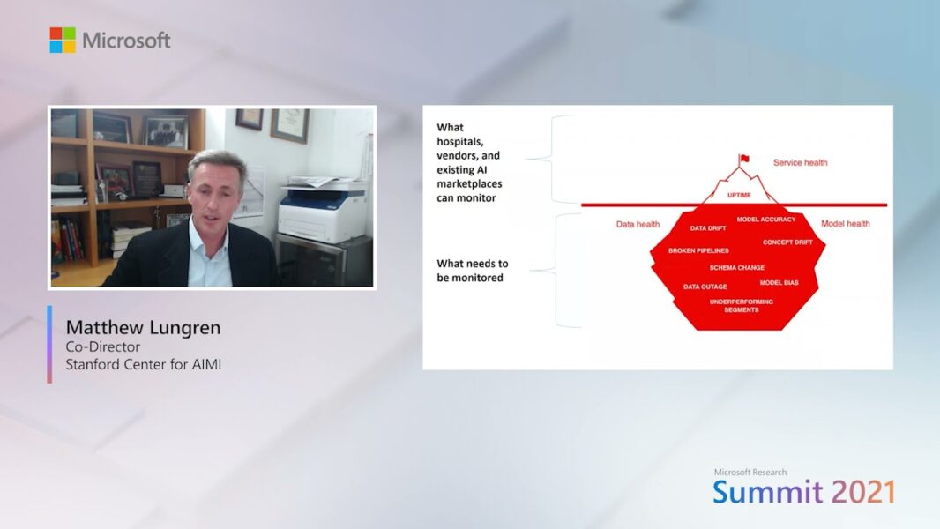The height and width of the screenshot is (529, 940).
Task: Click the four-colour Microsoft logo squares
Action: pos(63,41)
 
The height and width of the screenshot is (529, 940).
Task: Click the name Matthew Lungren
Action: pos(143,328)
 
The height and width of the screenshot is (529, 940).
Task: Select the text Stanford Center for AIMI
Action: pos(143,364)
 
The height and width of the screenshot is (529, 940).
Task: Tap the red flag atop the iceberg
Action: pos(744,159)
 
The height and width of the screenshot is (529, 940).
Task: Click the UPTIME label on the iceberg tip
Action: pos(739,196)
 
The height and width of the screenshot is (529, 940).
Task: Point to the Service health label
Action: pos(801,162)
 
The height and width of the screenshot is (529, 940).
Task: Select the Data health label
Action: pos(638,225)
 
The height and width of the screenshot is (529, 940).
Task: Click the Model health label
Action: pos(846,224)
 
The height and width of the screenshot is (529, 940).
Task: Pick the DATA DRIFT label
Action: pos(708,228)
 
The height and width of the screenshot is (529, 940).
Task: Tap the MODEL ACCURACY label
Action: pos(766,220)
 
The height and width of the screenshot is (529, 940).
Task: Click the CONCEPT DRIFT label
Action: pos(787,242)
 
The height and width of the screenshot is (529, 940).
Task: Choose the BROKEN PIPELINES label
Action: pos(698,251)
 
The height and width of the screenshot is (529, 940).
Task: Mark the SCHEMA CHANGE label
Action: pos(737,268)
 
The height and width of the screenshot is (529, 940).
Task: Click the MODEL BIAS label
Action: pos(780,283)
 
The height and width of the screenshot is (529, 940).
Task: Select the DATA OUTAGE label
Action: pos(705,287)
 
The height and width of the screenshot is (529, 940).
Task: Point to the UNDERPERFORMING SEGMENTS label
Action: pos(742,306)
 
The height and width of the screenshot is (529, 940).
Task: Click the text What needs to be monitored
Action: pos(473,271)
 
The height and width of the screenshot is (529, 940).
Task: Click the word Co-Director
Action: pos(103,346)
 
